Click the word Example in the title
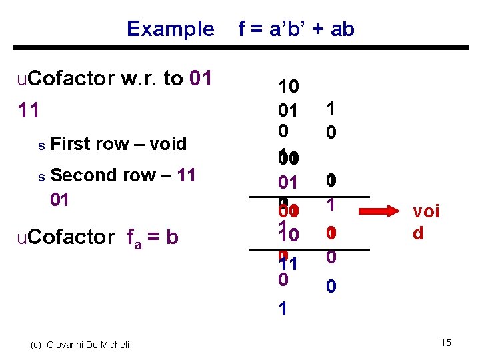tap(170, 29)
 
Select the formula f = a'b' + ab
tap(296, 29)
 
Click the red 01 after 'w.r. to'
tap(201, 79)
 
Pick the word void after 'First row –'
tap(167, 143)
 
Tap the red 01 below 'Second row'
tap(60, 199)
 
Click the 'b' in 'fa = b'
tap(173, 237)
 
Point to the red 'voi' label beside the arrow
tap(426, 212)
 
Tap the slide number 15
tap(446, 343)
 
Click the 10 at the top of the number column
tap(289, 87)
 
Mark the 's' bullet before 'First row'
tap(41, 145)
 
